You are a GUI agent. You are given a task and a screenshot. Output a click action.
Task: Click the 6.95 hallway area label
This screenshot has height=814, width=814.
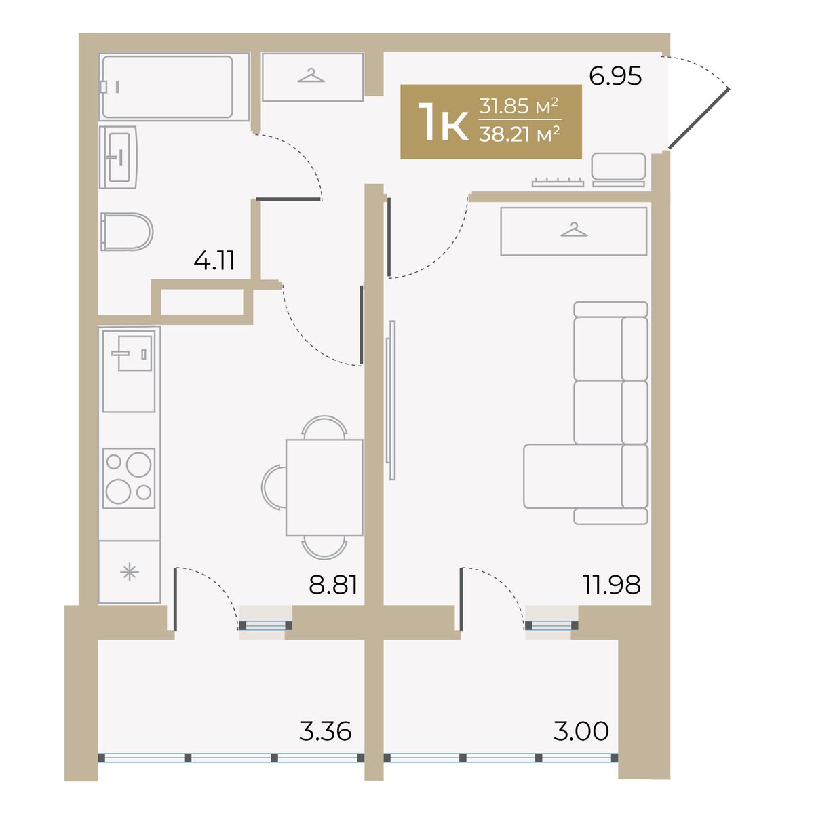pos(615,77)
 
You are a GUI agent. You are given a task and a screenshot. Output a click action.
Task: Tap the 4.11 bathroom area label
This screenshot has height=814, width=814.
pos(214,260)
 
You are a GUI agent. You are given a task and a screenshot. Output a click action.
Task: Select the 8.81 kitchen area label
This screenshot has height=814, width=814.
pos(333,585)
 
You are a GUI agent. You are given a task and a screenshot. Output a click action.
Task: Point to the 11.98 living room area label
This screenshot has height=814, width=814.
pos(612,585)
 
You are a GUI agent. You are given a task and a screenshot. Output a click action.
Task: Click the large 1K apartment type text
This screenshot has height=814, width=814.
pos(443,121)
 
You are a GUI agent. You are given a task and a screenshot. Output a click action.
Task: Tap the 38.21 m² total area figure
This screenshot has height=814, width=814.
pos(520,134)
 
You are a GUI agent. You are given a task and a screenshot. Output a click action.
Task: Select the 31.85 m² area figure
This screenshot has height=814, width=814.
pos(519,106)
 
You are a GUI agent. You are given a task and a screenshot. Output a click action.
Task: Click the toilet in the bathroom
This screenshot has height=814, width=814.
pos(127,232)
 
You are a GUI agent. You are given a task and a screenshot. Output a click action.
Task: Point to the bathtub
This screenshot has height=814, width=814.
pos(174,87)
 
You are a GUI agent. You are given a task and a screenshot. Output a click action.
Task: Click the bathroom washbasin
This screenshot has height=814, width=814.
pos(118,157)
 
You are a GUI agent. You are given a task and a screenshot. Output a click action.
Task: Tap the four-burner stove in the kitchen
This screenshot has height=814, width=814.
pos(129,478)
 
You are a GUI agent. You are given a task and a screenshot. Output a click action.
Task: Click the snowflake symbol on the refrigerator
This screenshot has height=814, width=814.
pos(130,573)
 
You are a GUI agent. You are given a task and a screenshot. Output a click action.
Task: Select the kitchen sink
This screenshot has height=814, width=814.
pos(130,371)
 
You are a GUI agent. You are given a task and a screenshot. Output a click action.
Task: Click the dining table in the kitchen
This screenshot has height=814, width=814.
pos(324,488)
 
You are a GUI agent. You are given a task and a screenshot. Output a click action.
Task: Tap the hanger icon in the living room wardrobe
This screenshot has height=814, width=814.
pos(574,230)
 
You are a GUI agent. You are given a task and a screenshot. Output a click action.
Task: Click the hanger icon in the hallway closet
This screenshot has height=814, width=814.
pos(311,75)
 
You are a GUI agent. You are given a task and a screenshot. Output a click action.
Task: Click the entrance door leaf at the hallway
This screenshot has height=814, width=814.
pos(699,119)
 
